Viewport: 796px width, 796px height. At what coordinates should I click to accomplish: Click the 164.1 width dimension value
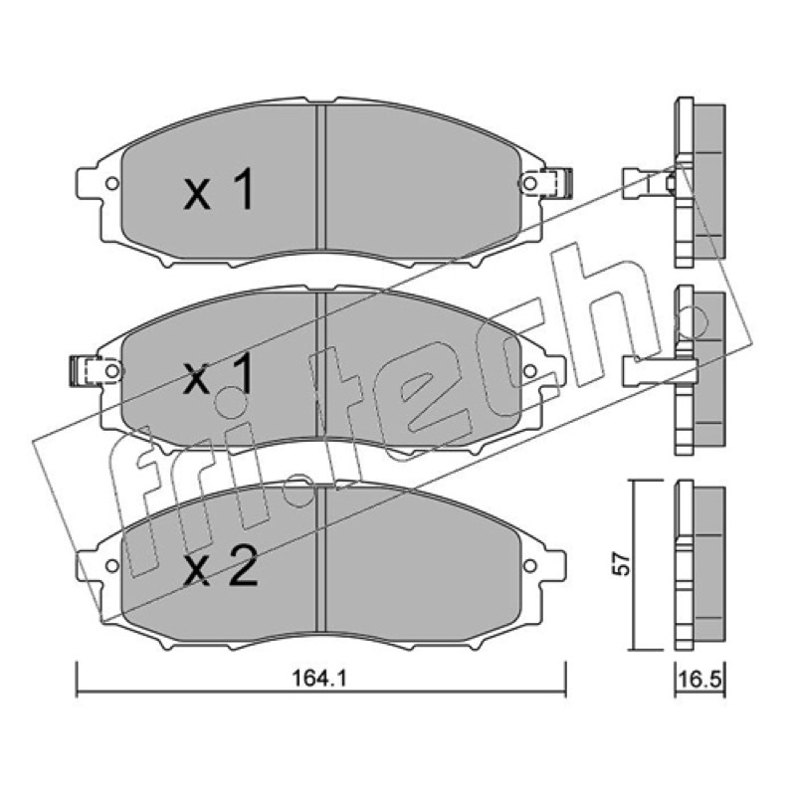tap(319, 679)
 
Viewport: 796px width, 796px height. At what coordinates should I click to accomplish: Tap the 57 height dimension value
tap(623, 563)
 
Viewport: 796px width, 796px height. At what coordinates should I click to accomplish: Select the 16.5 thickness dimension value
tap(700, 680)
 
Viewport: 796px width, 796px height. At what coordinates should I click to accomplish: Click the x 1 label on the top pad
tap(219, 189)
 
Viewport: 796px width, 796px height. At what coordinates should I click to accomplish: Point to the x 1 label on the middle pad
tap(219, 374)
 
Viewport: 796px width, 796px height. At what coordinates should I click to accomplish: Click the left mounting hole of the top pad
tap(112, 183)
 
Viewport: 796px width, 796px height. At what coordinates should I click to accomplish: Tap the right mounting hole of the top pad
tap(529, 183)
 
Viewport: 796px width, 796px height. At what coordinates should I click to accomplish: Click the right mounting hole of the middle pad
tap(529, 371)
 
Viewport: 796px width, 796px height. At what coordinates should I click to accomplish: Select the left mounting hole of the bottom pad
tap(112, 565)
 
